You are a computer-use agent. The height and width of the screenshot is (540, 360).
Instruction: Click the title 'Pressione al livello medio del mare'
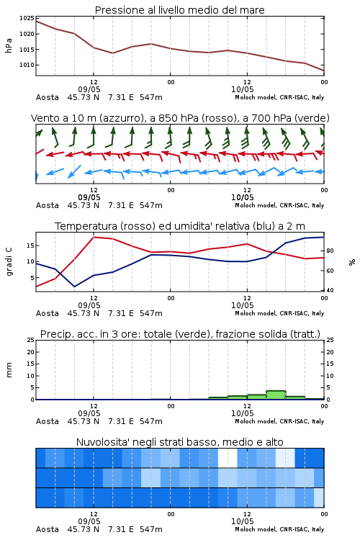point(179,10)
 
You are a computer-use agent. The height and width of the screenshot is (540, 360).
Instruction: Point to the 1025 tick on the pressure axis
point(26,18)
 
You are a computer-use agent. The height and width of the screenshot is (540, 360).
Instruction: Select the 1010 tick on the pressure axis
point(26,65)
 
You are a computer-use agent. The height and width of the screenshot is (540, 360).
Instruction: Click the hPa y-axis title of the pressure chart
point(9,45)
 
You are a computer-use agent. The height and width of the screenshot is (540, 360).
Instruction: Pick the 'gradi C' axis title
point(9,261)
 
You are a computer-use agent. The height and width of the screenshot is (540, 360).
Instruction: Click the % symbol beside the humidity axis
point(352,262)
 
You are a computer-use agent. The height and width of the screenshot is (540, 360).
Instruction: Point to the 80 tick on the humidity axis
point(330,251)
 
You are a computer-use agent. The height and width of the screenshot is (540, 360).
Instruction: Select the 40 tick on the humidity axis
point(330,290)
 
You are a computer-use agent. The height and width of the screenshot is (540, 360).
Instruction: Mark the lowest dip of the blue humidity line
point(74,287)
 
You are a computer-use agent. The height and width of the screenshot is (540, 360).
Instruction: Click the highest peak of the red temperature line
point(94,237)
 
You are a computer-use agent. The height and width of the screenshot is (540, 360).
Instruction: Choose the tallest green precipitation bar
point(276,395)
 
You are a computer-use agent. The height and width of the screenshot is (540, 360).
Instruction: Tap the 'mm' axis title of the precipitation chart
point(9,370)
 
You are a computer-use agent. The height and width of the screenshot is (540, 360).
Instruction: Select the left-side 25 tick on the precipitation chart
point(31,341)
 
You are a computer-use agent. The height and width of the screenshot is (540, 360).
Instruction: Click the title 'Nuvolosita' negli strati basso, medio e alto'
point(179,442)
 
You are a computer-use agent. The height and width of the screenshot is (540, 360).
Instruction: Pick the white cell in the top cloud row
point(228,458)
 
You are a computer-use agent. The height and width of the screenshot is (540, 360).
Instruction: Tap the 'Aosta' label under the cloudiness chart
point(48,529)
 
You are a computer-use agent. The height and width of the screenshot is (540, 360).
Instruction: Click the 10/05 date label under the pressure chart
point(243,89)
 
